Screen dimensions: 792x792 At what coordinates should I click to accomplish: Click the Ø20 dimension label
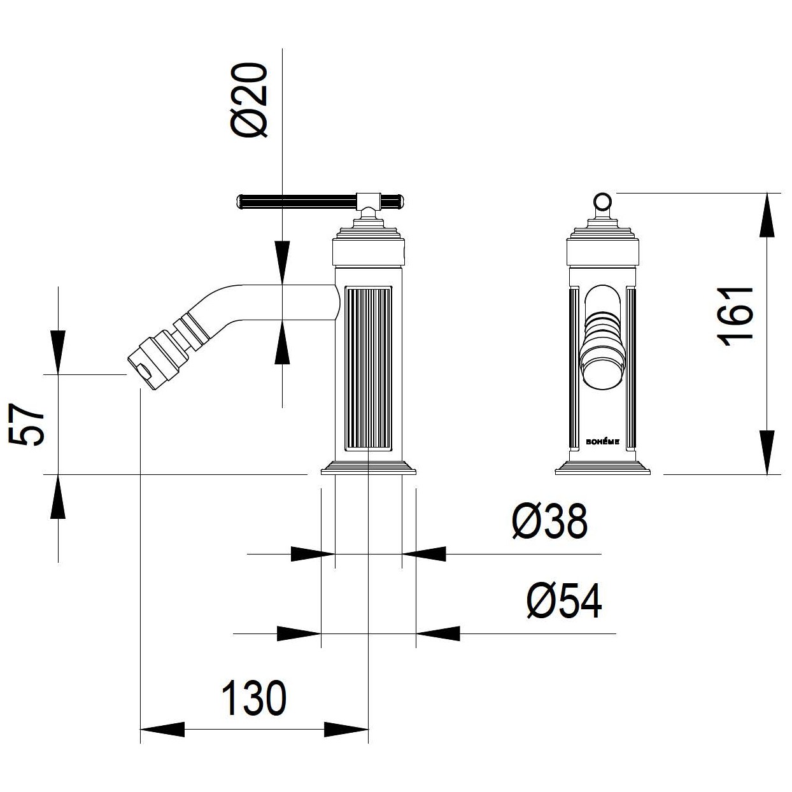(249, 100)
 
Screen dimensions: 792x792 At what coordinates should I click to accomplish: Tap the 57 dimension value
(26, 424)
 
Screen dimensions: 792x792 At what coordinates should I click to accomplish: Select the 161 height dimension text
(735, 317)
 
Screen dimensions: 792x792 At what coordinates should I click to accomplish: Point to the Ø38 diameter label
(550, 521)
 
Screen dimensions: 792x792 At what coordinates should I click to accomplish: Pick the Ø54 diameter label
(564, 601)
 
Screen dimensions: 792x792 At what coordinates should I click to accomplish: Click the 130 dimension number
(253, 698)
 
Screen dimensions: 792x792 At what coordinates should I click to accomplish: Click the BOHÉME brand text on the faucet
(602, 442)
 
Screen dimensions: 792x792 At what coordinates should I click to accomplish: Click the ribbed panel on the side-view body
(368, 369)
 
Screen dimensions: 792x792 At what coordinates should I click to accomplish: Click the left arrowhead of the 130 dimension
(162, 730)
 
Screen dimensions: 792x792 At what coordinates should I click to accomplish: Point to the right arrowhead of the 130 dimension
(346, 730)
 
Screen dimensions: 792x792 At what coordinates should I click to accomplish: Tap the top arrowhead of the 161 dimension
(767, 215)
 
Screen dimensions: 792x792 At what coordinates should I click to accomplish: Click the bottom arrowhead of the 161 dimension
(767, 452)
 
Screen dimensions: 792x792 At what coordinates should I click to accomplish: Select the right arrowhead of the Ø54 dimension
(438, 633)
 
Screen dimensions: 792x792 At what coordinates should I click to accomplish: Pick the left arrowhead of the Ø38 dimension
(313, 554)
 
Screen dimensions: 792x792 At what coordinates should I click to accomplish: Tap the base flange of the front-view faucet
(602, 468)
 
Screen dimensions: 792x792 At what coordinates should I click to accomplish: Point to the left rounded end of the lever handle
(239, 202)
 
